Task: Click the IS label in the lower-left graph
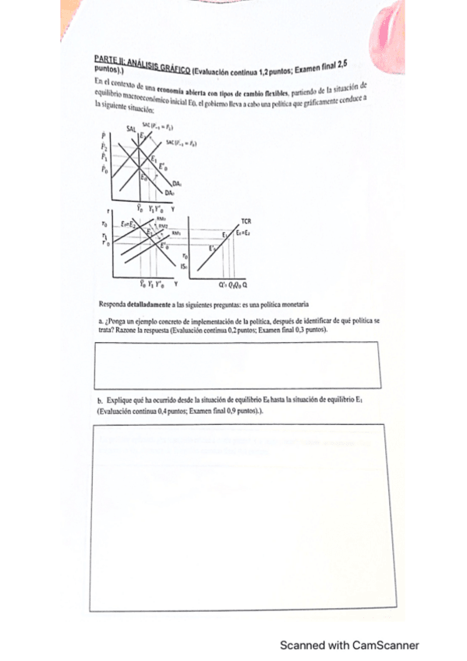184,266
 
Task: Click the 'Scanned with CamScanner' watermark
349,645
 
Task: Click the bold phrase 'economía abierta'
175,90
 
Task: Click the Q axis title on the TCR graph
245,285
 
